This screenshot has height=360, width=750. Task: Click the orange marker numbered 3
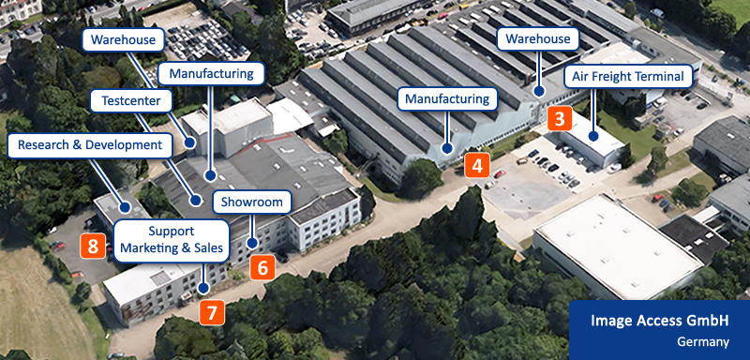pos(559,119)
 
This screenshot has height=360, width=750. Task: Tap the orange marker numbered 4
pos(476,166)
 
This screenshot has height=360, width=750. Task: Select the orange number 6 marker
pos(262,267)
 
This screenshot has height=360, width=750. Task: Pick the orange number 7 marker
pos(213,311)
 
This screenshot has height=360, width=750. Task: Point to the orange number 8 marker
pos(92,246)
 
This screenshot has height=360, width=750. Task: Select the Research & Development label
pos(90,144)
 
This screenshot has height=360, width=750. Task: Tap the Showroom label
pos(252,202)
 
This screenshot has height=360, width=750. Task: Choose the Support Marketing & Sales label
pos(172,240)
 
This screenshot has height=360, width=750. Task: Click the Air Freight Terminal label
pos(629,76)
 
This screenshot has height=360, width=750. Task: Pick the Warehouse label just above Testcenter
pos(124,39)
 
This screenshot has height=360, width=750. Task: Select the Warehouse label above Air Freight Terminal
pos(538,39)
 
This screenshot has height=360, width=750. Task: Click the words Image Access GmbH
pos(660,321)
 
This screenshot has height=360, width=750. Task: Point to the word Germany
pos(702,342)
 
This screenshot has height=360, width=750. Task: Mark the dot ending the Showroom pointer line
pos(251,244)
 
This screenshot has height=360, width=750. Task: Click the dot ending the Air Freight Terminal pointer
pos(593,137)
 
